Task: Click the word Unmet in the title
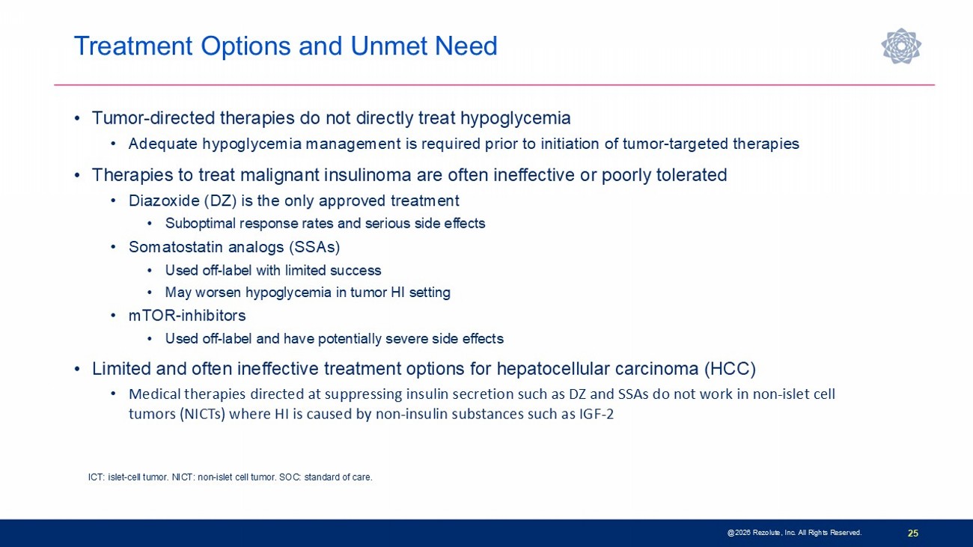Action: [x=388, y=46]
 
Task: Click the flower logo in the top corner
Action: [x=901, y=46]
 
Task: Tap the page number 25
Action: [x=913, y=533]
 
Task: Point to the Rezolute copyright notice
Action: [x=794, y=533]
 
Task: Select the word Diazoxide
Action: [x=164, y=201]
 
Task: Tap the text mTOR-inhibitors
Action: [x=187, y=316]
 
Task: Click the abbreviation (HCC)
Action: [x=730, y=369]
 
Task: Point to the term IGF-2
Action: [x=597, y=414]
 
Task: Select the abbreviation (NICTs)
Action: [x=202, y=415]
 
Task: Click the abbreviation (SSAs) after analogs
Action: [x=314, y=247]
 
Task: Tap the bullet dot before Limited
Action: [x=77, y=370]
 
